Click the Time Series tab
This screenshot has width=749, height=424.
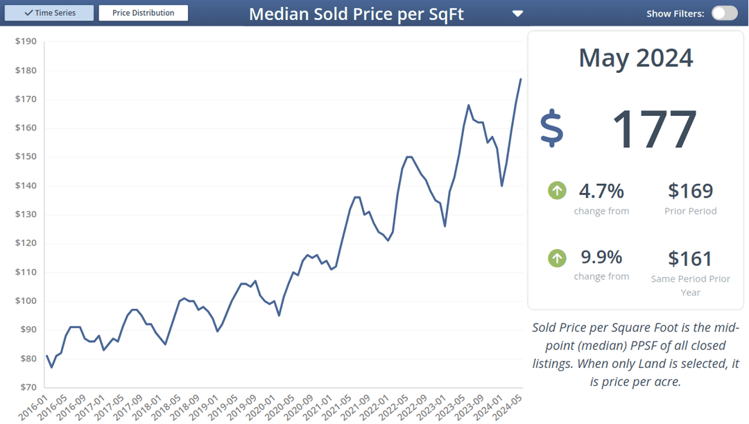49,13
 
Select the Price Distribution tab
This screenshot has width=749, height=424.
143,13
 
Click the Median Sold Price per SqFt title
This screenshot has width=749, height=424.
356,14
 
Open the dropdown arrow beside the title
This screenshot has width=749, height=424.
517,14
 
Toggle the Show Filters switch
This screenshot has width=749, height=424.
724,13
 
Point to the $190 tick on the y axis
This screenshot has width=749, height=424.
26,42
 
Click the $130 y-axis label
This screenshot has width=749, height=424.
26,214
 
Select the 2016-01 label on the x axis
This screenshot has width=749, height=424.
33,406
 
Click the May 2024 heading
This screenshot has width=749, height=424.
635,58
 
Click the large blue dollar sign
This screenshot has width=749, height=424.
552,128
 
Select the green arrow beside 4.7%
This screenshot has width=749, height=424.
557,190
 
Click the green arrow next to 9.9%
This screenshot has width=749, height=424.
557,258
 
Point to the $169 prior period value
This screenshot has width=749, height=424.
690,191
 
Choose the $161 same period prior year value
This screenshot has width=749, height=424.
690,259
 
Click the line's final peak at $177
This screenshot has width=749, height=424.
521,79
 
